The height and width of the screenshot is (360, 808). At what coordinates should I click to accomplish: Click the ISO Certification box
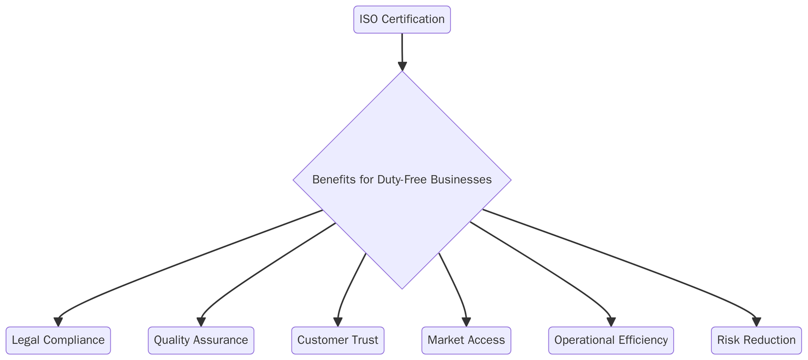point(401,20)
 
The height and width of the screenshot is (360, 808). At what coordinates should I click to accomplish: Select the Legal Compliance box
point(58,340)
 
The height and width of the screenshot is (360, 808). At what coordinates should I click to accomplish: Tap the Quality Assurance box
point(200,340)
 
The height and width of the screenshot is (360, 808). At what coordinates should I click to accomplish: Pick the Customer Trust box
point(337,340)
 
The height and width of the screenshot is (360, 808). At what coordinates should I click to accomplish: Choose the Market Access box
point(466,340)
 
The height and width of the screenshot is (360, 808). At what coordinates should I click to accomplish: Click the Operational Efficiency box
point(611,340)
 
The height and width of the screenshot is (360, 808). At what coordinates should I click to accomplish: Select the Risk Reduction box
point(756,340)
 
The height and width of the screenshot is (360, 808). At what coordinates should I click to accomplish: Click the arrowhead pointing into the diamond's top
point(402,67)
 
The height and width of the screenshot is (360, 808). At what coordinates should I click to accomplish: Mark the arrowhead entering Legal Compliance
point(58,322)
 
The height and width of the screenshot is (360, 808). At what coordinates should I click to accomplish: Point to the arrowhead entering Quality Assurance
point(201,322)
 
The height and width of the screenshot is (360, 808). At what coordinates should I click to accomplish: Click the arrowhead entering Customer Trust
point(338,322)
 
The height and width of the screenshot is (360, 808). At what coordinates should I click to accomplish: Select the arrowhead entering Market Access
point(466,322)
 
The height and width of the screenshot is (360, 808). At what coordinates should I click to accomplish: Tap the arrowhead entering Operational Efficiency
point(611,322)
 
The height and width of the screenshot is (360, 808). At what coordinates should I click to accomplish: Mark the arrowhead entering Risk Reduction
point(756,322)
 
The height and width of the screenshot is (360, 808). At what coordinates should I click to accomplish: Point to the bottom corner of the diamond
point(402,288)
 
